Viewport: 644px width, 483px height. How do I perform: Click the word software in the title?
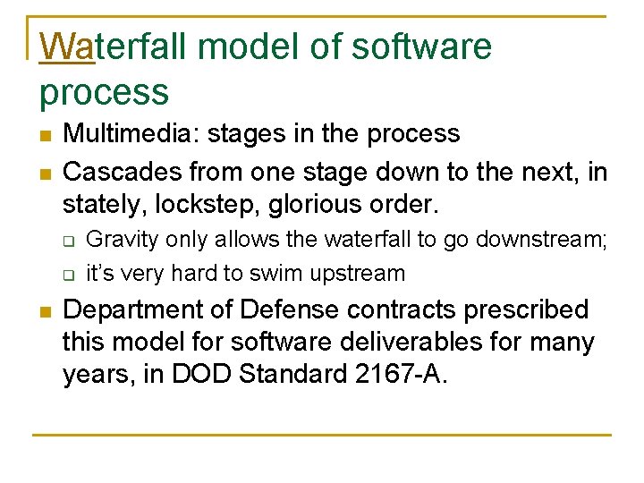pyautogui.click(x=421, y=47)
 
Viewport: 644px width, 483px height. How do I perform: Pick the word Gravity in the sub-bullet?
pyautogui.click(x=122, y=240)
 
